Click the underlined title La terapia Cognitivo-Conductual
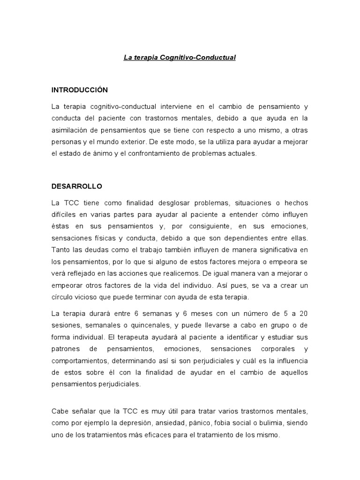coord(180,58)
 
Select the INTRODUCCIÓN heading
coord(80,90)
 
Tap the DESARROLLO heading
coord(77,186)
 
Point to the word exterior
coord(150,142)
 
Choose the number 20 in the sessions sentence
coord(303,313)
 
